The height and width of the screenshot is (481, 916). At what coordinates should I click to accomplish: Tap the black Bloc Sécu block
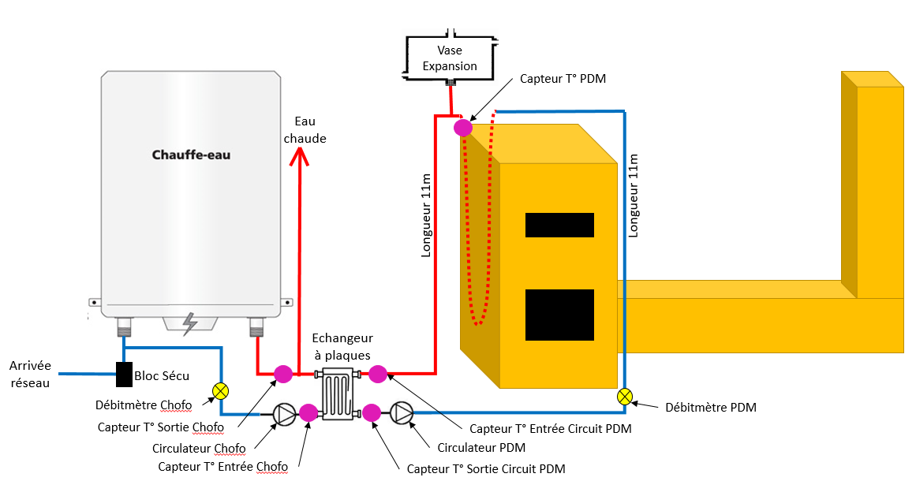tap(124, 374)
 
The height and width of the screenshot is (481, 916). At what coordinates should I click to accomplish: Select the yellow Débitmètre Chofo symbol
tap(221, 390)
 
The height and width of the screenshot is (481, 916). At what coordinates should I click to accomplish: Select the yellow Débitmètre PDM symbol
tap(624, 396)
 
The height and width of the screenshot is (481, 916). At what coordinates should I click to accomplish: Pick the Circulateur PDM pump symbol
tap(402, 412)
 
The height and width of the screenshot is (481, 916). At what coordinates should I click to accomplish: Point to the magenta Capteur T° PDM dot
tap(463, 126)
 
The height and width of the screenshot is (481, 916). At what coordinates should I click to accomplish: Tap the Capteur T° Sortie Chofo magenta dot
tap(282, 373)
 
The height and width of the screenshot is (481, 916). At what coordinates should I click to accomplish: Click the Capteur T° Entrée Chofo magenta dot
tap(308, 412)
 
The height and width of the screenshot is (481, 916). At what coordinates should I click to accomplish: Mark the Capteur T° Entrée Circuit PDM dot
tap(378, 374)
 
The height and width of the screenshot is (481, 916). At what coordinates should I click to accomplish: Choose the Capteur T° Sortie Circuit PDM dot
tap(372, 412)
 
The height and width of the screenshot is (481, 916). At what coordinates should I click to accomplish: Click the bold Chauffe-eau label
tap(191, 155)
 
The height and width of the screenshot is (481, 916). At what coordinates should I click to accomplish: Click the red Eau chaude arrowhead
tap(298, 157)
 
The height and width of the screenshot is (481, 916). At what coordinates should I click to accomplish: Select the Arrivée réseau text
tap(30, 374)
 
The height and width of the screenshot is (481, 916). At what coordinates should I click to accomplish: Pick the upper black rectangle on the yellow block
tap(559, 225)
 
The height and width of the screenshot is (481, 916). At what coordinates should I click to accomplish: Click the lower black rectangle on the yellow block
tap(559, 315)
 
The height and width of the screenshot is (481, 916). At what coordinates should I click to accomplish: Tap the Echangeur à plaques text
tap(342, 347)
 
